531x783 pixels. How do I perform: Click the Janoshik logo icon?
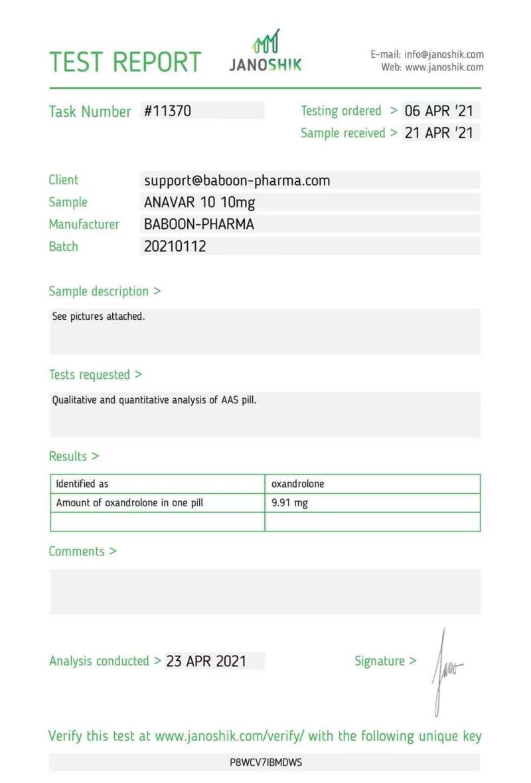coord(265,42)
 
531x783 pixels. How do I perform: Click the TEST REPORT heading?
coord(125,62)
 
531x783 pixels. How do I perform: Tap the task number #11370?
coord(168,111)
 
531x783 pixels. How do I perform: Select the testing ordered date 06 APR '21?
coord(439,111)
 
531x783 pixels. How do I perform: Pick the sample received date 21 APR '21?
coord(439,133)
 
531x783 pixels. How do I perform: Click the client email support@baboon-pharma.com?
coord(237,180)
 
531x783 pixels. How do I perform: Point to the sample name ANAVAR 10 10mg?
coord(199,202)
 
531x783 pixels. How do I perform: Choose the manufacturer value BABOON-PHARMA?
coord(199,224)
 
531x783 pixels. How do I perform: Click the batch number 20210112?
coord(175,246)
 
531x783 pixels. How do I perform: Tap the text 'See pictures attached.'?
coord(98,317)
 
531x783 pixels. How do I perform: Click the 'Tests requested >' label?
coord(95,374)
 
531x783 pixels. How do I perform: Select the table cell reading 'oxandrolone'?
coord(298,484)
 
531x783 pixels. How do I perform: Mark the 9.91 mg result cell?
coord(290,503)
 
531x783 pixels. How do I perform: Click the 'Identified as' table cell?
coord(82,484)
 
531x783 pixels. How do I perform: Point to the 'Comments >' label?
coord(82,551)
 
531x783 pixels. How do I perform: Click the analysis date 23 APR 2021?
coord(206,661)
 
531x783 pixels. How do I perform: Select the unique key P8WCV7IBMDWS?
coord(265,762)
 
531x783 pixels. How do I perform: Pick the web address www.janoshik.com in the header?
coord(444,67)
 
